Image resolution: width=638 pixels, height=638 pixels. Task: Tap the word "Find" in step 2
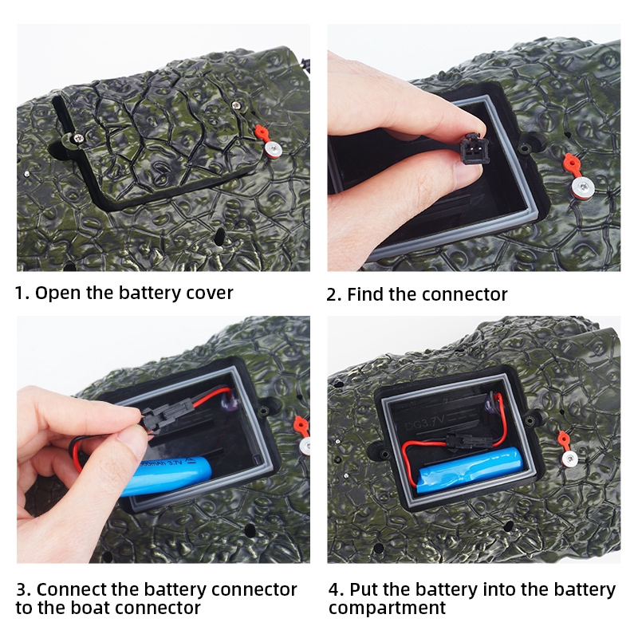pos(365,294)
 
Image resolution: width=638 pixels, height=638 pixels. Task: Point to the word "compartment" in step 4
pos(387,608)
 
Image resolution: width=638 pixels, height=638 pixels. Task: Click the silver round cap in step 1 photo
pos(273,149)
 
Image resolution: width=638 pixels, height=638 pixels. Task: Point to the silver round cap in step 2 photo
pos(583,187)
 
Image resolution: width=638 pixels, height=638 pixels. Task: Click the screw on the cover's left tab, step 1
pos(78,138)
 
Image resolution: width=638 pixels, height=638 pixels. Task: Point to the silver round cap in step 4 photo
pos(570,459)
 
